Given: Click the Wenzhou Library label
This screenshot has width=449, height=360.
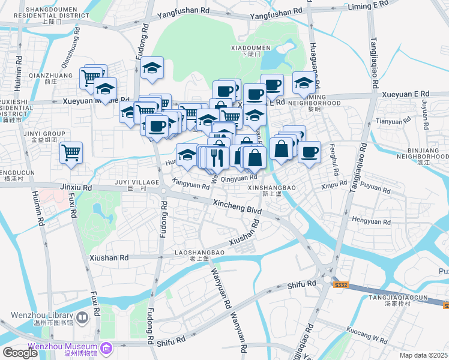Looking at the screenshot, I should coord(41,316).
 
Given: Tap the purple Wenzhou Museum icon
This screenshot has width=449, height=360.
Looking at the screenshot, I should coord(106,347).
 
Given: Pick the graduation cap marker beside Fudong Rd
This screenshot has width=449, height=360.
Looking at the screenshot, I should coord(153,68).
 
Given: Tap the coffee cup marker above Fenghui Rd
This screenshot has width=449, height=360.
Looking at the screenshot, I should coord(310,151).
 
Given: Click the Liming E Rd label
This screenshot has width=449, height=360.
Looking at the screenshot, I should coord(373,5).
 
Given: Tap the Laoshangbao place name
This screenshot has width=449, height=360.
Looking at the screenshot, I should coord(199,253).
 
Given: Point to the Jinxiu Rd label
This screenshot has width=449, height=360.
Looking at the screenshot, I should coord(76,188).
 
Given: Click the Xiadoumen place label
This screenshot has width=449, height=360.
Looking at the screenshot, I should coord(252,47).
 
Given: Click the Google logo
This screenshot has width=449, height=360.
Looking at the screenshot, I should coord(20,353).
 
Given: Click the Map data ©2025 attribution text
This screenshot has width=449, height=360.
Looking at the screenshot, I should coord(423,355).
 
